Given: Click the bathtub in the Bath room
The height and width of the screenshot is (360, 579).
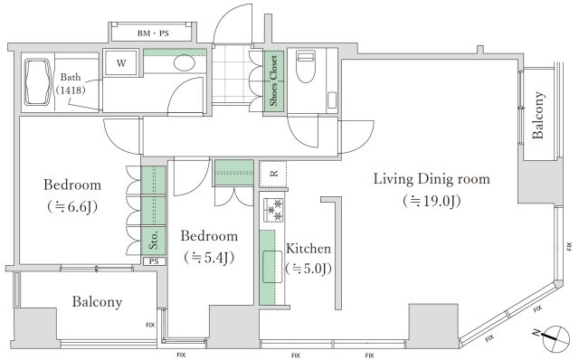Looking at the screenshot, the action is [x=38, y=82].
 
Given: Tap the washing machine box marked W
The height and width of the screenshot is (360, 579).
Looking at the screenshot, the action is [x=121, y=62].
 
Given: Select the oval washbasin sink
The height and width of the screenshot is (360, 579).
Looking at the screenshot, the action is [x=185, y=62].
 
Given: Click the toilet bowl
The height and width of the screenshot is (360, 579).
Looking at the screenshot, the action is [x=306, y=66].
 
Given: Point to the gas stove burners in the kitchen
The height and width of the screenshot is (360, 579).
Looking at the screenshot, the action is [x=273, y=210].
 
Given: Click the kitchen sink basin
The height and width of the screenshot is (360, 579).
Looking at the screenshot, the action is [x=272, y=267].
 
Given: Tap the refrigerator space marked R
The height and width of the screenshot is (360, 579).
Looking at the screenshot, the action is [x=273, y=174].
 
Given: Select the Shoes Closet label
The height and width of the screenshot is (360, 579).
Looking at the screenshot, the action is [x=273, y=81].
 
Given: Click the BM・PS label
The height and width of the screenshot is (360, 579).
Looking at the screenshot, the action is [x=153, y=33].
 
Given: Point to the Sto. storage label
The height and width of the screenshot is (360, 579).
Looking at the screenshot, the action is [x=153, y=240].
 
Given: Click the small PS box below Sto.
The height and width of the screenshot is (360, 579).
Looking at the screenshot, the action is [x=154, y=261].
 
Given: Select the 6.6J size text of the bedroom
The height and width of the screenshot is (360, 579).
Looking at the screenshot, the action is [x=72, y=207].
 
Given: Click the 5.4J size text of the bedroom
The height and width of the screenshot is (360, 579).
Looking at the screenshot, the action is [x=209, y=258].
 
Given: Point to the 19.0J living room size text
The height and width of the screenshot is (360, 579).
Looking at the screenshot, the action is [x=432, y=201].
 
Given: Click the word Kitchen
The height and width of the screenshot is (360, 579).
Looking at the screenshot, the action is [x=308, y=249].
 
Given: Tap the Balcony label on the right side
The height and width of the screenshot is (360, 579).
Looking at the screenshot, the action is [x=538, y=115].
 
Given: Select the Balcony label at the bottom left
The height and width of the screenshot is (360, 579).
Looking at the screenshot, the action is [x=97, y=302].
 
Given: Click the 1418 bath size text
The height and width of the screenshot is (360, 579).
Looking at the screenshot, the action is [x=71, y=90].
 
